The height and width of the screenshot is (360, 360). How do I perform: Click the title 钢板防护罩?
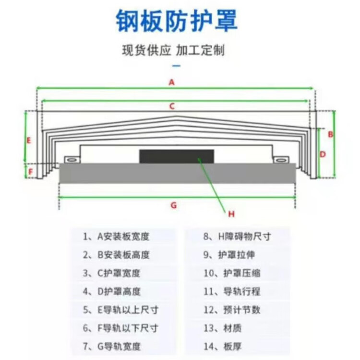click(x=177, y=21)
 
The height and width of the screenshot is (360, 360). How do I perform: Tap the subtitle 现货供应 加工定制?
click(x=173, y=50)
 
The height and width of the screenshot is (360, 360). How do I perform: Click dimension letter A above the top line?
click(x=171, y=82)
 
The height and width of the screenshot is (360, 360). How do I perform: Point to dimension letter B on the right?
click(x=330, y=134)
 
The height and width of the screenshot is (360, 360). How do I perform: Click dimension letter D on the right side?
click(x=323, y=154)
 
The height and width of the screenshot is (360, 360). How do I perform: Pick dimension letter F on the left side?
click(x=30, y=171)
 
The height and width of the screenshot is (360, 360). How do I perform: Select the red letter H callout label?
click(x=231, y=214)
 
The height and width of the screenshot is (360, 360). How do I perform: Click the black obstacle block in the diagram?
click(x=177, y=156)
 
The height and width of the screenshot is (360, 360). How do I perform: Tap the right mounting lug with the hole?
click(x=280, y=159)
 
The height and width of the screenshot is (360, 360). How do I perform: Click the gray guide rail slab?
click(x=177, y=173)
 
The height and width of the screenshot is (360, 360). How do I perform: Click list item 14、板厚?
click(x=223, y=346)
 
